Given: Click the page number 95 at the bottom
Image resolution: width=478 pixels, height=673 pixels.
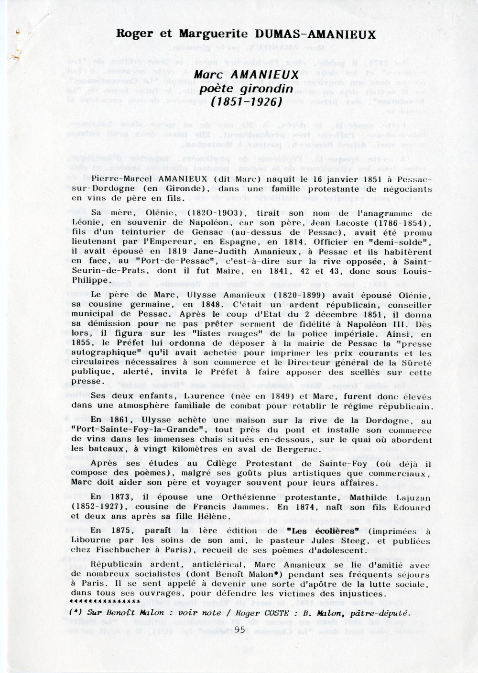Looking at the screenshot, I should click(x=240, y=629).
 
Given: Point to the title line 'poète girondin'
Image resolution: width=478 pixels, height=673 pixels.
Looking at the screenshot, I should click(x=246, y=88).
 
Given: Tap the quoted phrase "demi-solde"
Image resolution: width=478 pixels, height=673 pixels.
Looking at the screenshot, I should click(x=406, y=242).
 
